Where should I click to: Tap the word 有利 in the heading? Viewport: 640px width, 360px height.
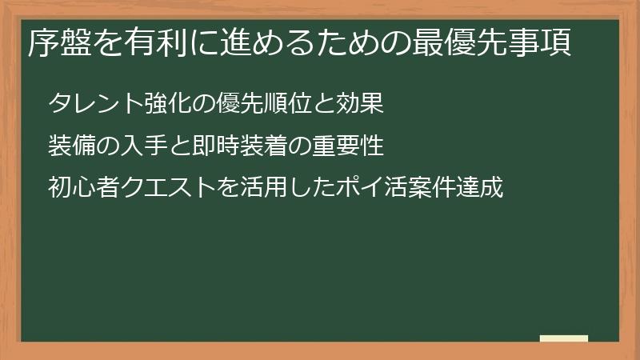155,43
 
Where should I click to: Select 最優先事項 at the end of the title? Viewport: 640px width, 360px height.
491,43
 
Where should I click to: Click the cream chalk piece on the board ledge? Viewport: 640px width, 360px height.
564,338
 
